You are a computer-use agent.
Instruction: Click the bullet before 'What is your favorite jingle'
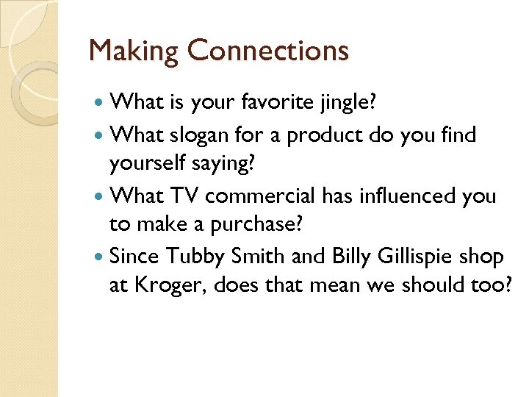(100, 104)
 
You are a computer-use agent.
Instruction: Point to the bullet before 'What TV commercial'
(100, 197)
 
